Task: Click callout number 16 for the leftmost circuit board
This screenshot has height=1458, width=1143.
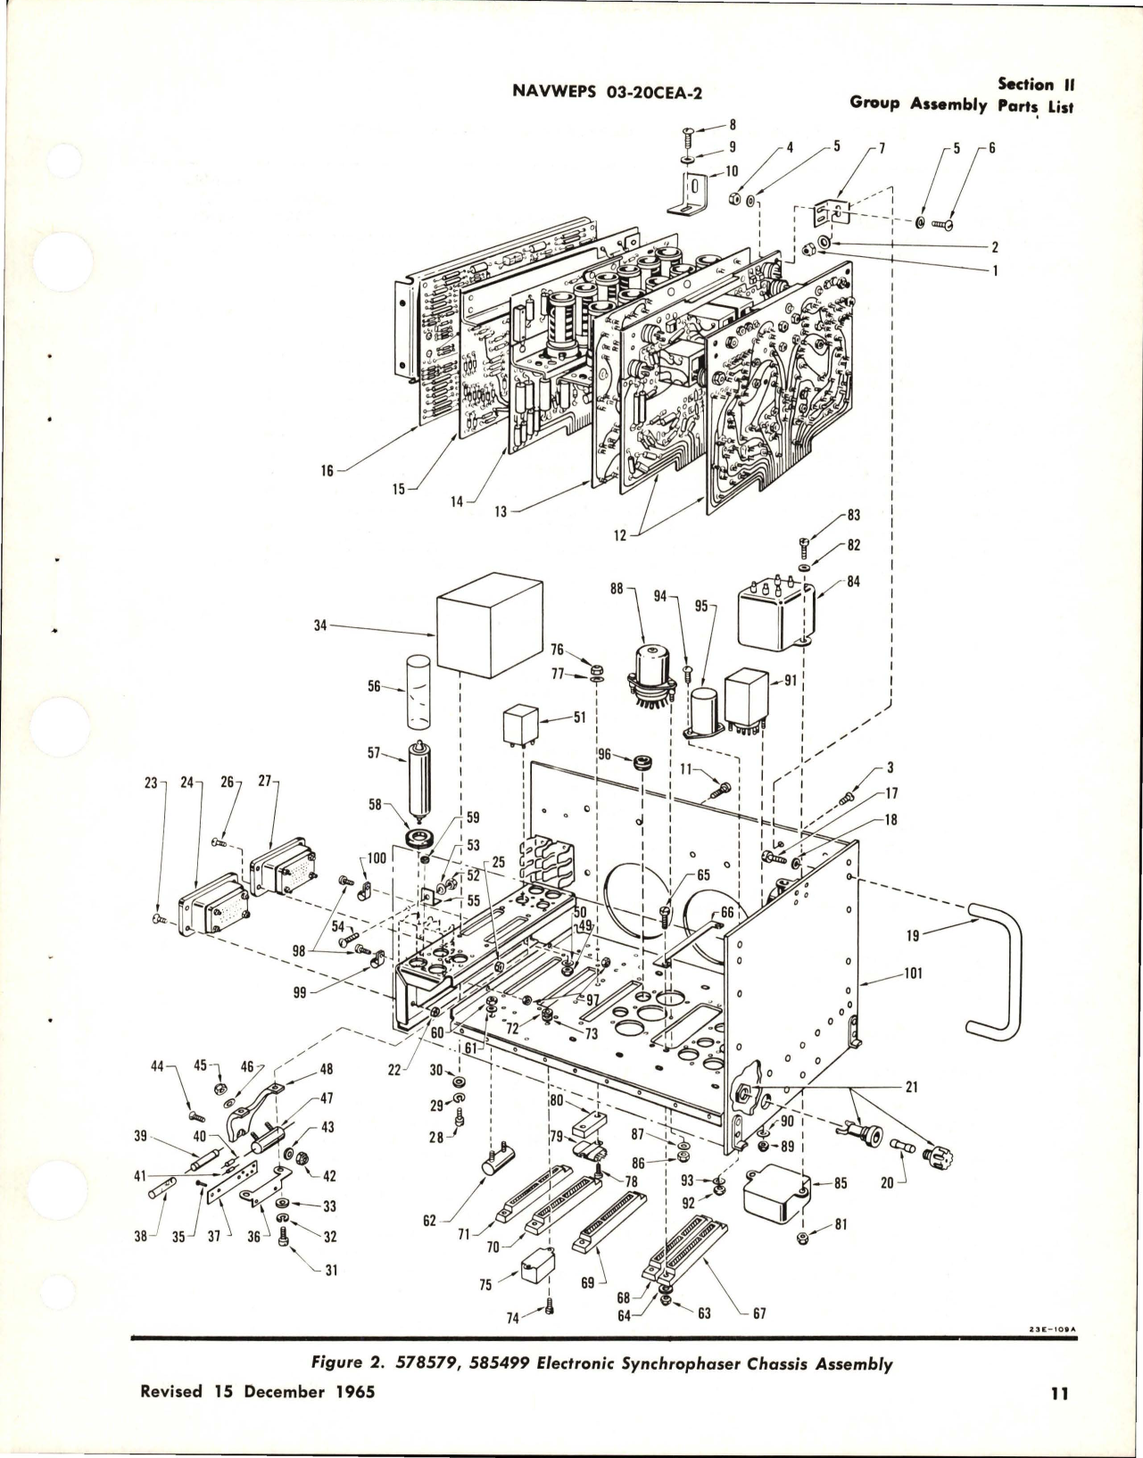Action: click(327, 470)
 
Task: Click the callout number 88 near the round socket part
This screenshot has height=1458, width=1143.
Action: click(617, 589)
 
